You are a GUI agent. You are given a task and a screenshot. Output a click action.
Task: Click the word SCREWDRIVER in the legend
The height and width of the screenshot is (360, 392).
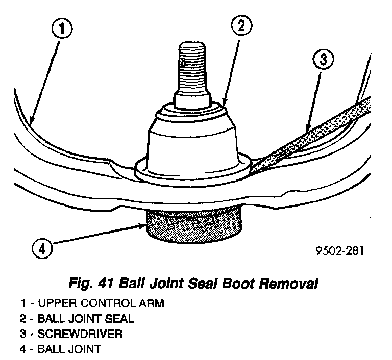click(79, 335)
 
